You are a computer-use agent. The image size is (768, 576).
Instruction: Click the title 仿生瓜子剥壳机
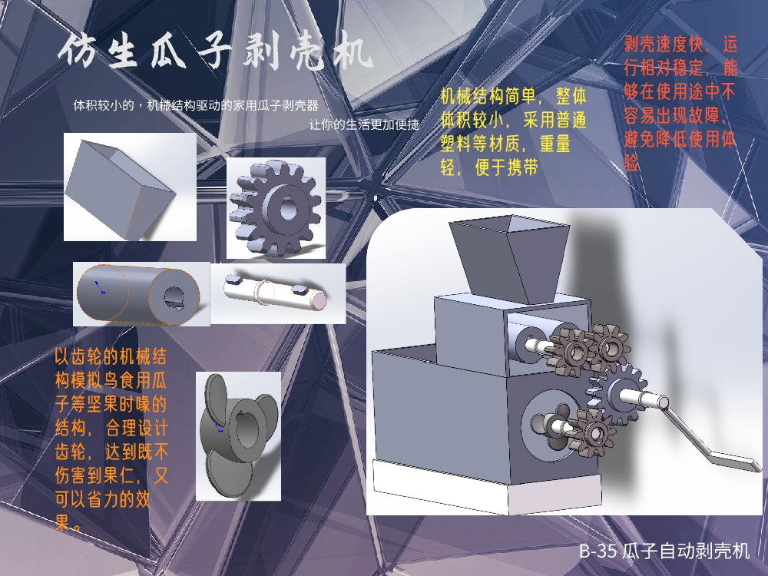(216, 51)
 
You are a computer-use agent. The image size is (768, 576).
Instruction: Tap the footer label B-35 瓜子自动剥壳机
(664, 551)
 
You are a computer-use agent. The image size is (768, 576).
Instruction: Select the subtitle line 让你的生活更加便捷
(364, 124)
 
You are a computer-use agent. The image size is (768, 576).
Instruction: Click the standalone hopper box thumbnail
(130, 187)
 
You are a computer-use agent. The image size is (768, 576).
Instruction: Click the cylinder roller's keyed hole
(173, 296)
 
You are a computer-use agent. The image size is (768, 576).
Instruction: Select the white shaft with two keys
(276, 292)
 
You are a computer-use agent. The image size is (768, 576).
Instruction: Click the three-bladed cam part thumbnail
(239, 435)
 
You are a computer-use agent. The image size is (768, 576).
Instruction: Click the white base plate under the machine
(488, 487)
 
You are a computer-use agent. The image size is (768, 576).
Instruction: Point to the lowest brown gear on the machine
(594, 433)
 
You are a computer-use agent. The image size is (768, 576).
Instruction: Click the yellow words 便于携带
(506, 167)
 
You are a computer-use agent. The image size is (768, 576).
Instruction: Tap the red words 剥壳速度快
(664, 45)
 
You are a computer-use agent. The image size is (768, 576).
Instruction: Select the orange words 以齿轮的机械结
(110, 356)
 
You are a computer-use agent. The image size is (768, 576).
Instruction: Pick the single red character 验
(632, 163)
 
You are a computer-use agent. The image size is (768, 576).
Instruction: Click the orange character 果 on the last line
(61, 522)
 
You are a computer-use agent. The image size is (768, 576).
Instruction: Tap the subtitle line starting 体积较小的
(196, 105)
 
